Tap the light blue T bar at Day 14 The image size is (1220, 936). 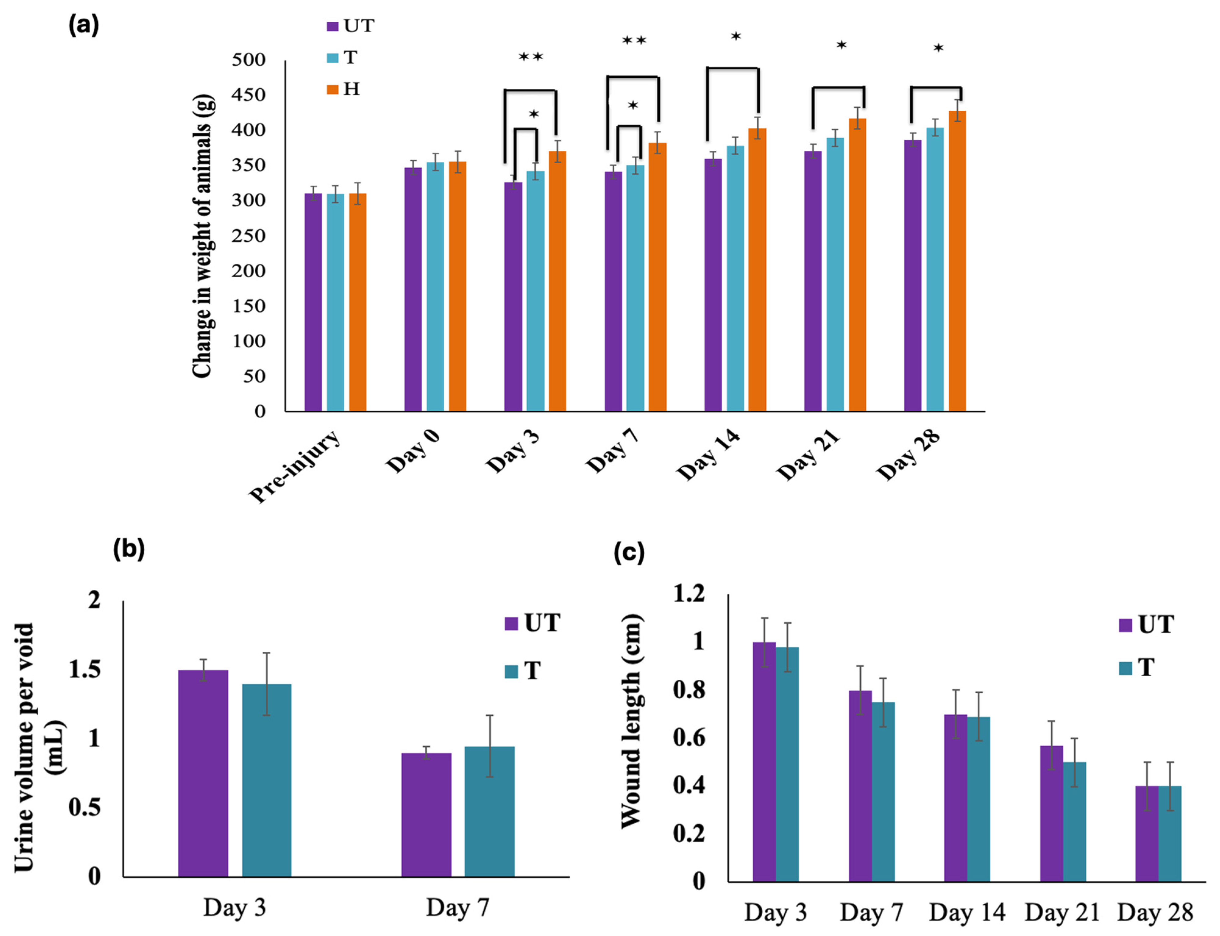(x=735, y=279)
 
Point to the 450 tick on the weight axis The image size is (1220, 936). (x=249, y=95)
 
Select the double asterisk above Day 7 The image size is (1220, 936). (x=634, y=41)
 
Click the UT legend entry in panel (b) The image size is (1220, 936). (x=532, y=623)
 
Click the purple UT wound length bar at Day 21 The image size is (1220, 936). (x=1051, y=813)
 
